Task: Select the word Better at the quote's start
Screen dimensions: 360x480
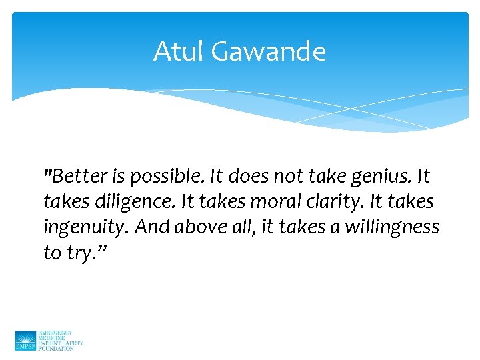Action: tap(79, 177)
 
